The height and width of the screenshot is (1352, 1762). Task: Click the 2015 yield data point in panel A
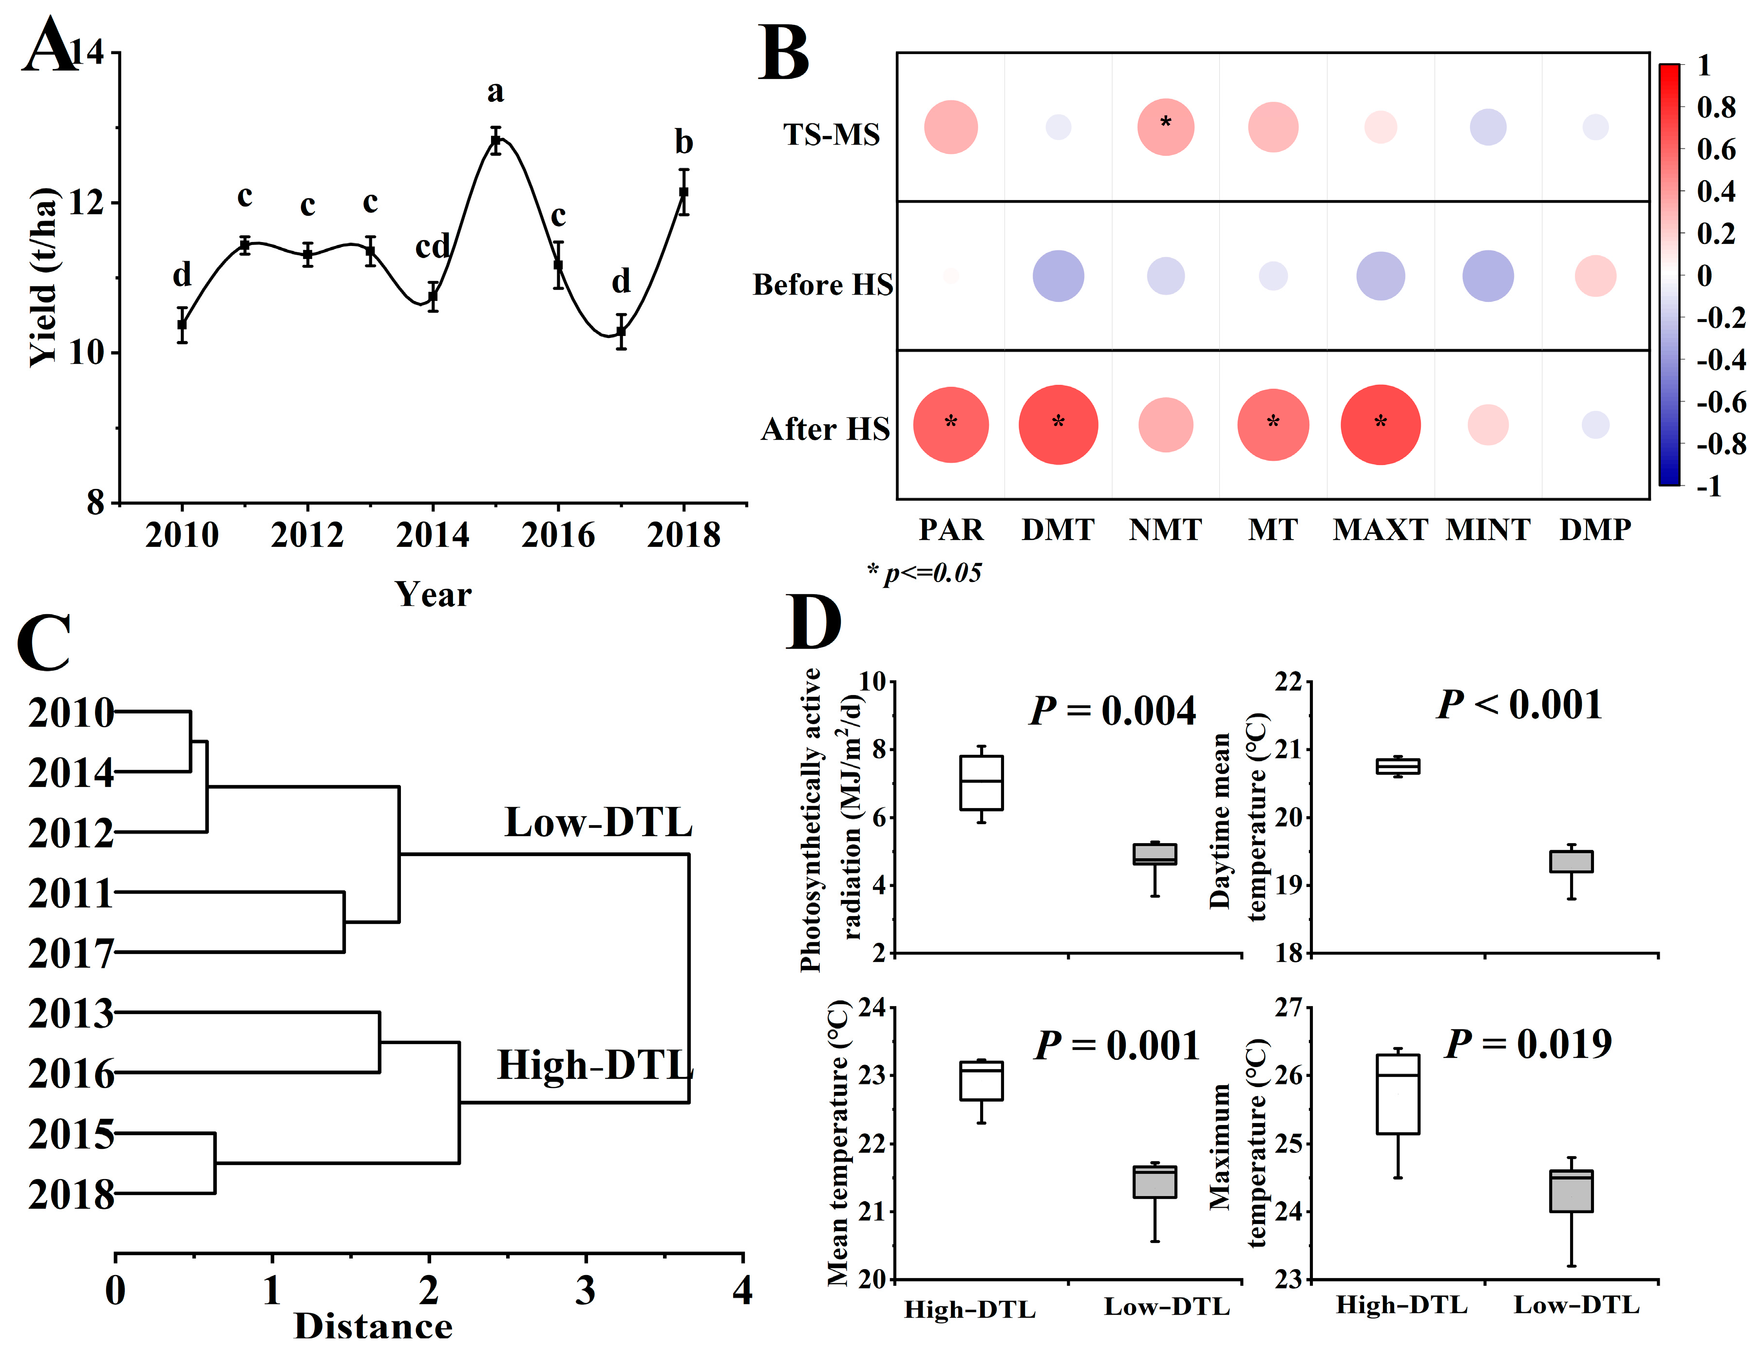click(496, 141)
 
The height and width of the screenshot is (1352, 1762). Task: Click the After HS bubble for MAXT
click(1381, 425)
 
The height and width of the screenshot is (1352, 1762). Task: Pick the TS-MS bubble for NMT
click(1166, 127)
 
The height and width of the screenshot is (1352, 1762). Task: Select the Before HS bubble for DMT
click(1059, 276)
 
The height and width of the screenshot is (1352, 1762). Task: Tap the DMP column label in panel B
click(1595, 529)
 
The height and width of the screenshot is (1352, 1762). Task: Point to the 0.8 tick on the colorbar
click(1716, 107)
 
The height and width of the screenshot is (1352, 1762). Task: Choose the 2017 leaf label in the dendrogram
click(71, 954)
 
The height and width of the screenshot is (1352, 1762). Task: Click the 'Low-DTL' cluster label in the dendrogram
click(598, 823)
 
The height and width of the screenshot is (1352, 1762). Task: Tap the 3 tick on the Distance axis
click(585, 1291)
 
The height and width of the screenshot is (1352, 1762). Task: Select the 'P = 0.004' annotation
click(1113, 711)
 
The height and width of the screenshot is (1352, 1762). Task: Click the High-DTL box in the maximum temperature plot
click(1397, 1094)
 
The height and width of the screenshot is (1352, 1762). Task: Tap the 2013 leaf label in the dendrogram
click(71, 1014)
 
